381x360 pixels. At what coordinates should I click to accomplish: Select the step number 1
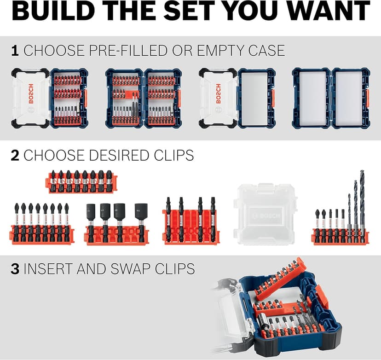(x=15, y=50)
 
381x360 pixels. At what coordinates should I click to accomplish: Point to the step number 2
(x=15, y=156)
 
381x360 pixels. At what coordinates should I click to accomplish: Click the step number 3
(x=15, y=268)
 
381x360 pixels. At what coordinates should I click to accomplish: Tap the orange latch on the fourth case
(x=367, y=97)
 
